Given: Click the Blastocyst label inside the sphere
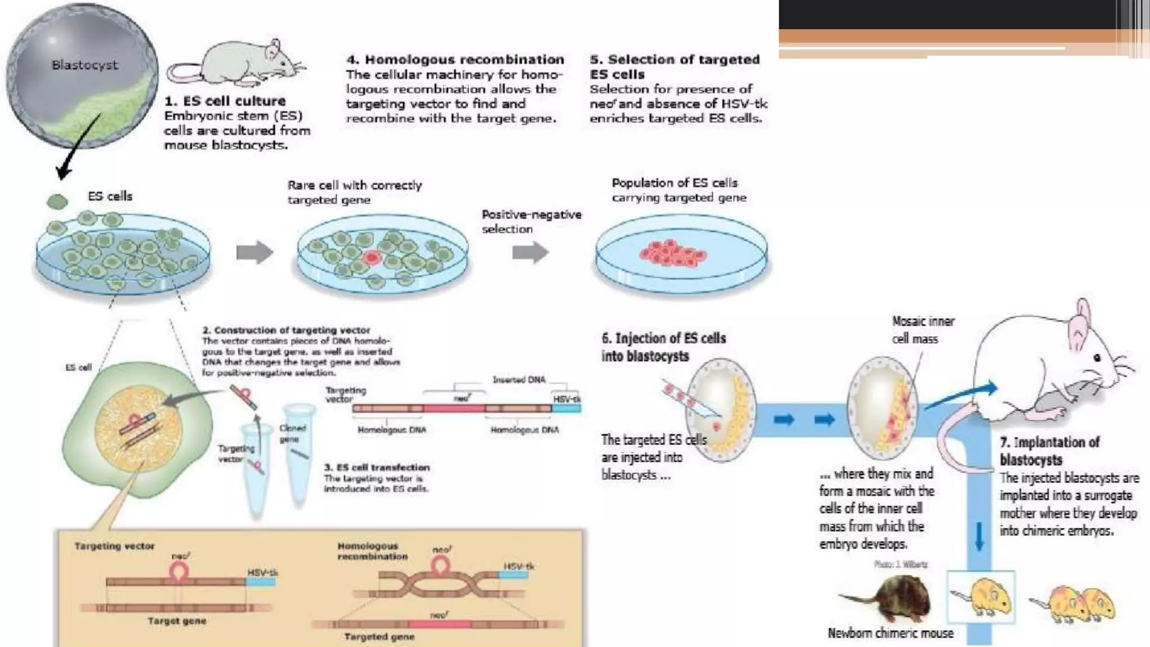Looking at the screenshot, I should pyautogui.click(x=84, y=65).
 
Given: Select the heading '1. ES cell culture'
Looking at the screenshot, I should pyautogui.click(x=225, y=101).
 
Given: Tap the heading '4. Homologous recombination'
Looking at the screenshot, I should pyautogui.click(x=455, y=60).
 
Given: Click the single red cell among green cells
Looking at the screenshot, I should pyautogui.click(x=371, y=257).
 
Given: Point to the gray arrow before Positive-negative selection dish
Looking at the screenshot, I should pyautogui.click(x=530, y=252).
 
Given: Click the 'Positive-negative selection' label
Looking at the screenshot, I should pyautogui.click(x=531, y=222).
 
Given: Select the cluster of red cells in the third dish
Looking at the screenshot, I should pyautogui.click(x=673, y=253).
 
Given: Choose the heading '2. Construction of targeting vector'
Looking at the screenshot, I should pyautogui.click(x=286, y=330).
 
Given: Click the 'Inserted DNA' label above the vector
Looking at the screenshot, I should pyautogui.click(x=518, y=380).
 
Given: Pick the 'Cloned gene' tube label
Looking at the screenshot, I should pyautogui.click(x=293, y=433).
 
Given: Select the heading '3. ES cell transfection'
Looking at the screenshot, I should pyautogui.click(x=376, y=467).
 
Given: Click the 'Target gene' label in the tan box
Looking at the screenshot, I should pyautogui.click(x=177, y=621).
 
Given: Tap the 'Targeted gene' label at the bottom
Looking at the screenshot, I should pyautogui.click(x=379, y=637).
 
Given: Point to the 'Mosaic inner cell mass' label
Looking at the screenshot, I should pyautogui.click(x=923, y=330).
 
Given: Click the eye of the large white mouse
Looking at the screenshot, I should pyautogui.click(x=1097, y=358).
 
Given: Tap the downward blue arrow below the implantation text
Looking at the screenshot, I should pyautogui.click(x=979, y=536).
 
